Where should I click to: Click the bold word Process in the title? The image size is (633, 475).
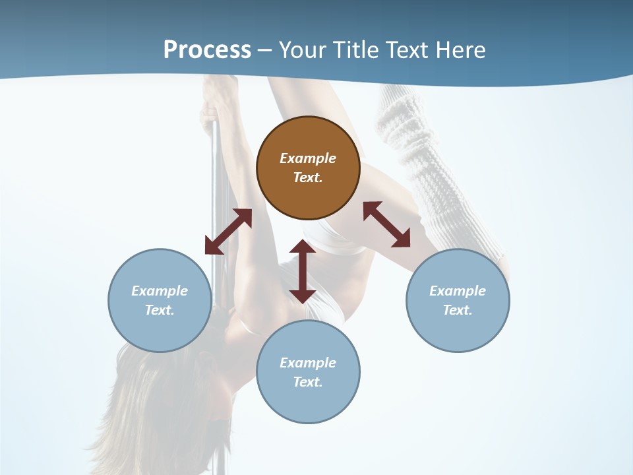pos(207,49)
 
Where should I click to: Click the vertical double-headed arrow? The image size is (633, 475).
pos(303,271)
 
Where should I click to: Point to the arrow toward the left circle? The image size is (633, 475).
pos(228,232)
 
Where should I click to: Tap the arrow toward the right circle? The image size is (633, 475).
pos(386,224)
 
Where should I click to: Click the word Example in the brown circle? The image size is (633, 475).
pos(308,158)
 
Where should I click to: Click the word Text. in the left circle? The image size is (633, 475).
pos(160,310)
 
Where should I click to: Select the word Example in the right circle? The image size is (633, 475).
pos(458,291)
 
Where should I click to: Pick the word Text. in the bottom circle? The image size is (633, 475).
pos(308,382)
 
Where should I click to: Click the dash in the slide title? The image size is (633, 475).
pos(265,50)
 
